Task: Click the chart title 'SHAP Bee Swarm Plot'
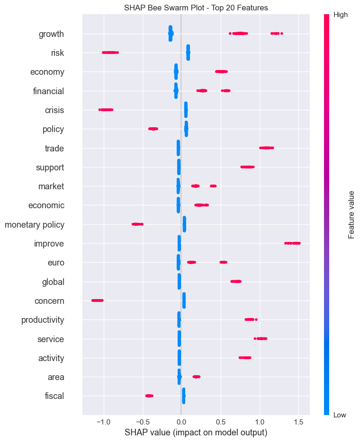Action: click(196, 8)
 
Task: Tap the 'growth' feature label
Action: click(51, 34)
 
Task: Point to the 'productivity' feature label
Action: click(43, 320)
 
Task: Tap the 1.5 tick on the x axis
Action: click(298, 421)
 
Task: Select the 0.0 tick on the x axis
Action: click(181, 421)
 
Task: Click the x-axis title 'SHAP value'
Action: click(196, 433)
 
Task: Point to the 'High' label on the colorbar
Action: click(341, 15)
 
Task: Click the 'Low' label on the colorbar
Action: click(340, 415)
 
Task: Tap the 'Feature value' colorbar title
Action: click(351, 214)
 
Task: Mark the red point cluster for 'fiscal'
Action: click(149, 396)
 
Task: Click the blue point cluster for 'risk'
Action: click(188, 53)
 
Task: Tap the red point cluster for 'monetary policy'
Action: click(137, 224)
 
